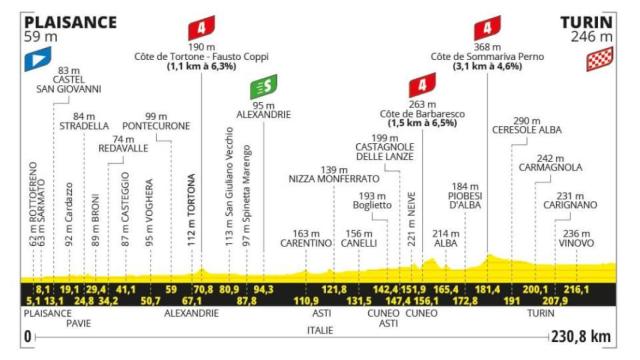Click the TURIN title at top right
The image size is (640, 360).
point(587,21)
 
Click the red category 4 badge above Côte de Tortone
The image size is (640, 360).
point(201,27)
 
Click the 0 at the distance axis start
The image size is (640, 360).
point(27,338)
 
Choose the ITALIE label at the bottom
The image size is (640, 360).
point(320,327)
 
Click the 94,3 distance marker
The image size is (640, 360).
point(264,289)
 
